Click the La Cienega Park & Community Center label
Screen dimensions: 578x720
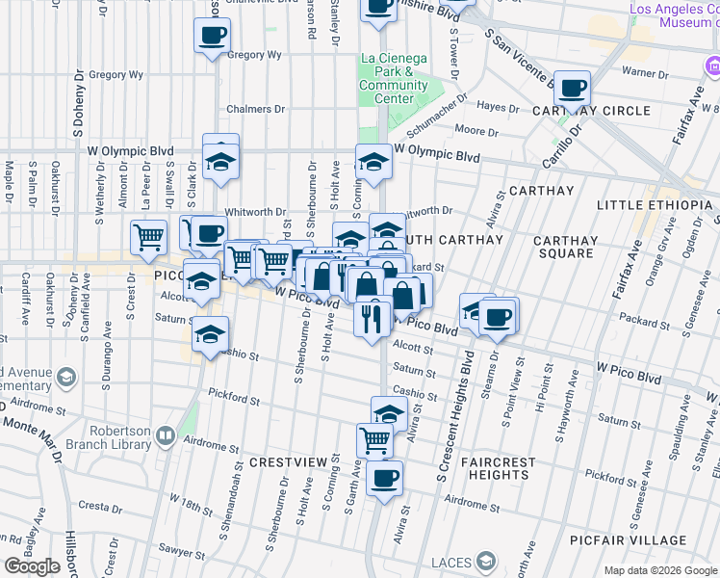click(x=393, y=78)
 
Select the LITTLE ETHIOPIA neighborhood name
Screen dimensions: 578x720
click(x=657, y=205)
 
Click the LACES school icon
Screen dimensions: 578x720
click(x=487, y=561)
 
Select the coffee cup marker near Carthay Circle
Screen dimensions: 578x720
click(x=573, y=89)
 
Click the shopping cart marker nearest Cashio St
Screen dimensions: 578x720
click(x=374, y=440)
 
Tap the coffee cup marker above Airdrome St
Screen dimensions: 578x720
click(x=384, y=478)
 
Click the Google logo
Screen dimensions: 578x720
click(x=32, y=566)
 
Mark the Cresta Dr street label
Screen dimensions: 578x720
click(x=98, y=505)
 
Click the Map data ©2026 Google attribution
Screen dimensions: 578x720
click(x=659, y=570)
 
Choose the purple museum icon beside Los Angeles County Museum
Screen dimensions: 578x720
click(x=711, y=66)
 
